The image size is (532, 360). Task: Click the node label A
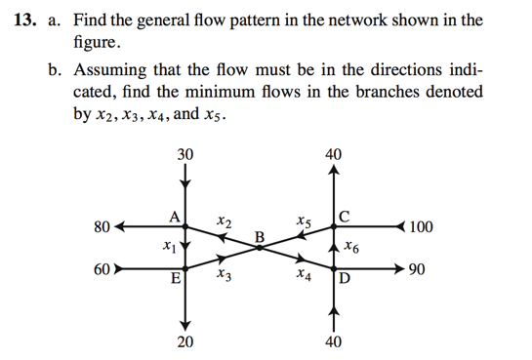point(173,217)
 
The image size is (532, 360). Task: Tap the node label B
point(259,236)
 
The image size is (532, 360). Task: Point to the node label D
point(345,280)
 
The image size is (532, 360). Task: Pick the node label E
point(176,280)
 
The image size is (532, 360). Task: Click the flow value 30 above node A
point(185,154)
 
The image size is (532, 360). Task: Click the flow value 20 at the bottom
point(185,341)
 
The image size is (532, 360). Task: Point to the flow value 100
point(422,228)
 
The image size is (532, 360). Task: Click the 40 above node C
point(334,154)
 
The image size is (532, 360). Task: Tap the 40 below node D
point(334,341)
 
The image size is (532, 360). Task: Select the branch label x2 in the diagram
point(225,223)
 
